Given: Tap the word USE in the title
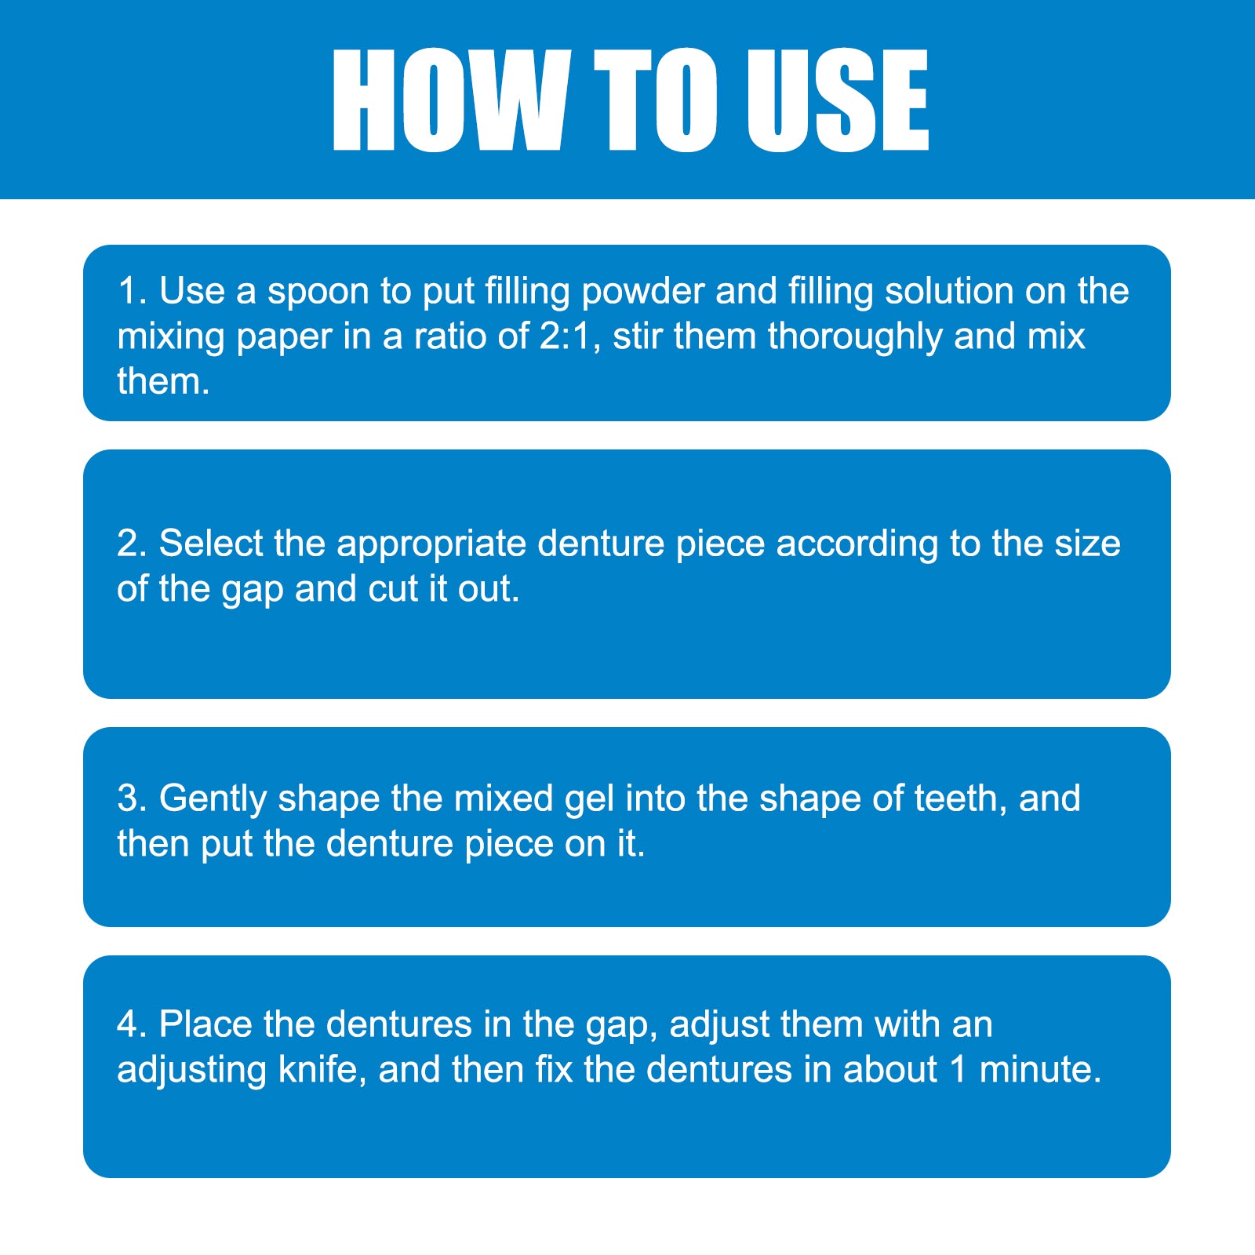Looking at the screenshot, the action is point(837,100).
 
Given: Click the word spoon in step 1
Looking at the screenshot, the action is point(318,293).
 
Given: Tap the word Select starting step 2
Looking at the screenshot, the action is point(211,544).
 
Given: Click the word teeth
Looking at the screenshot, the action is point(962,798).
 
